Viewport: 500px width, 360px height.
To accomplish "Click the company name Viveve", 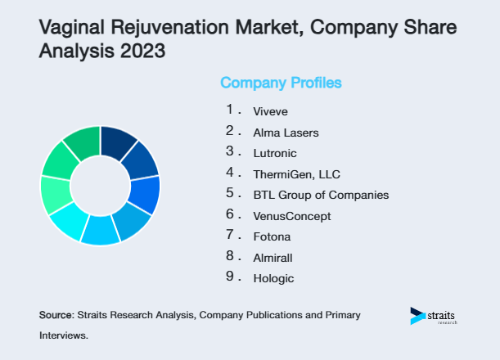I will (x=271, y=110).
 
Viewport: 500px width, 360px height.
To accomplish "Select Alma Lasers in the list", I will (x=286, y=132).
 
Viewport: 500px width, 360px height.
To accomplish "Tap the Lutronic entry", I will (x=275, y=153).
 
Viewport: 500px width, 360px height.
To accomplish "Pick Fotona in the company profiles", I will (x=272, y=236).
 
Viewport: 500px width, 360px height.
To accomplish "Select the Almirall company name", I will (x=273, y=258).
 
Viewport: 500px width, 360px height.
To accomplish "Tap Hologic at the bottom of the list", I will (x=273, y=279).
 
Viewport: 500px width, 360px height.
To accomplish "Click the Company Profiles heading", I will (x=281, y=83).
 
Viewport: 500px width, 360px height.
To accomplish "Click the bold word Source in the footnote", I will (x=55, y=314).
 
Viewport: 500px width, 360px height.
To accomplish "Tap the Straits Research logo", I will (x=434, y=316).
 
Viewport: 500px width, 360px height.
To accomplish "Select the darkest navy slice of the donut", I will (x=117, y=142).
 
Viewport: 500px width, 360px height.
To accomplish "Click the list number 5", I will (x=231, y=194).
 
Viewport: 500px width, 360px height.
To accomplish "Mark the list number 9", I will (x=231, y=278).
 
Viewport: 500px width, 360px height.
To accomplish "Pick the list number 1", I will (x=231, y=110).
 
